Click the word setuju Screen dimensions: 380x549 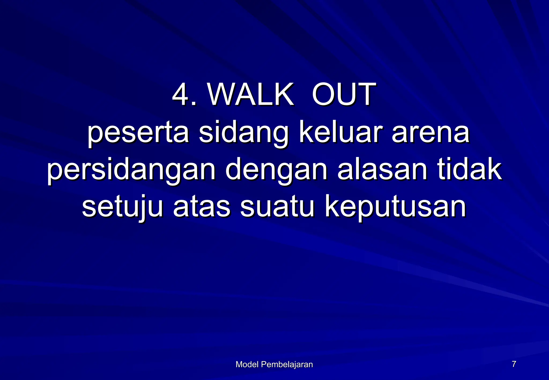pyautogui.click(x=122, y=207)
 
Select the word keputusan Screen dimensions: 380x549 pyautogui.click(x=396, y=207)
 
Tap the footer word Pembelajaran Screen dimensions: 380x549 pyautogui.click(x=287, y=364)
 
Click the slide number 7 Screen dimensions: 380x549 pyautogui.click(x=514, y=364)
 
